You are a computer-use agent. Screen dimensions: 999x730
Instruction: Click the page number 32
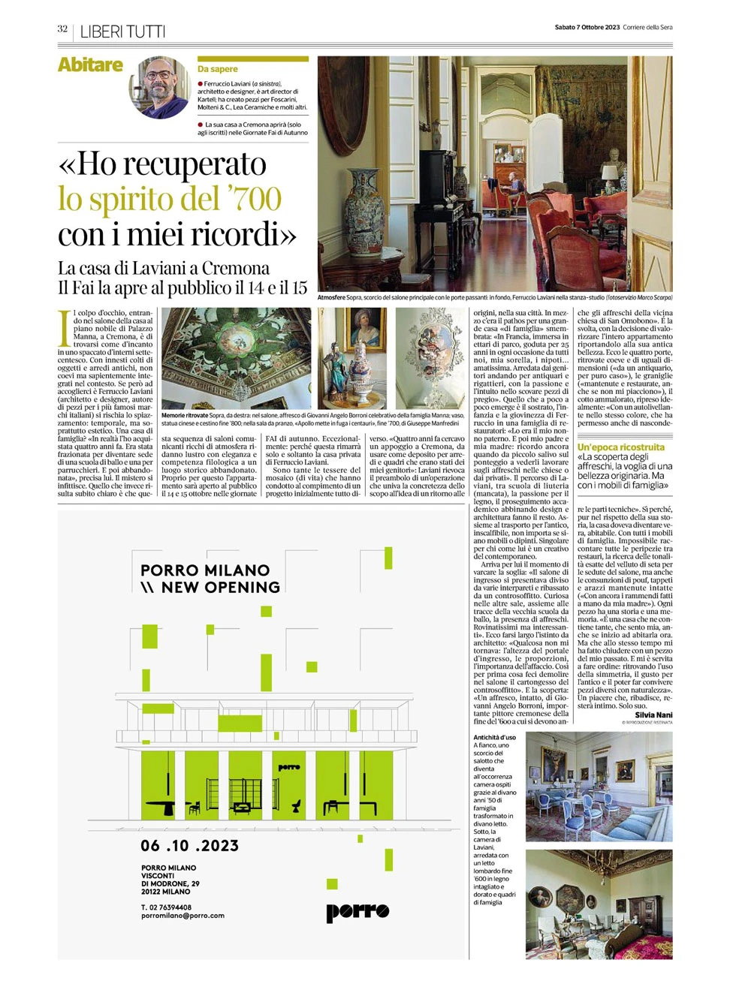62,29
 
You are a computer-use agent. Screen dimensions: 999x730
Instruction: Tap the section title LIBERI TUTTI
122,32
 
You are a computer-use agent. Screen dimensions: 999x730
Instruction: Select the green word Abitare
90,65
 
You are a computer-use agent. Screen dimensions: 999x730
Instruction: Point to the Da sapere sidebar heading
218,69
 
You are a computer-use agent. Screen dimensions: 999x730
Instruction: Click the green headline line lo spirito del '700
170,199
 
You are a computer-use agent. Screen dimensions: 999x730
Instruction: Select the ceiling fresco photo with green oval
236,359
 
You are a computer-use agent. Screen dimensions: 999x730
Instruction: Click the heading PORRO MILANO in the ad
205,570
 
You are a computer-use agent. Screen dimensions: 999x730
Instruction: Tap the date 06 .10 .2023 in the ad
189,846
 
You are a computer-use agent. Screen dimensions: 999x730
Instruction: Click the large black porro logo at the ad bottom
357,911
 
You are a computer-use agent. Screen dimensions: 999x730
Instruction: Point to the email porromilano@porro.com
182,916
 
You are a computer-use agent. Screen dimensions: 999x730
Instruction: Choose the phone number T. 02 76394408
166,907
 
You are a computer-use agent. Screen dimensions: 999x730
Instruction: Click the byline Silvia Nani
653,715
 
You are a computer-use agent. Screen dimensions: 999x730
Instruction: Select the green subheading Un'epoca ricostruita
621,447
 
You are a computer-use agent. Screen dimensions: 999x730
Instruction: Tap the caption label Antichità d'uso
494,738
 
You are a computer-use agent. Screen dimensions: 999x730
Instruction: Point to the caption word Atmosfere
331,298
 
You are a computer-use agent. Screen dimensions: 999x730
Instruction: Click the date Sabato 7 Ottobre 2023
587,27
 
